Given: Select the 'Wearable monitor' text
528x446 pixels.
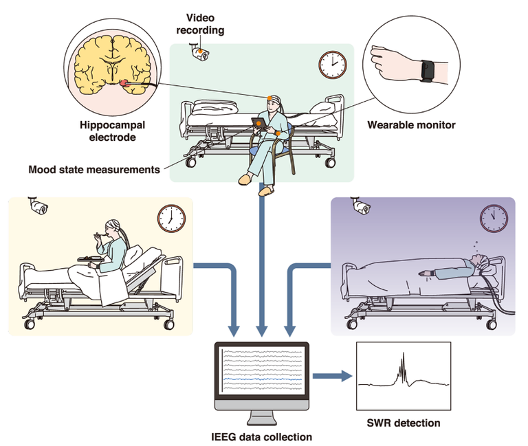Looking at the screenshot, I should pyautogui.click(x=411, y=125).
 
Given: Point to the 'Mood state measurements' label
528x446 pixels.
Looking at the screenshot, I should pyautogui.click(x=95, y=169).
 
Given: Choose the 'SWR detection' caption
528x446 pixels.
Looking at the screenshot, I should pyautogui.click(x=403, y=423).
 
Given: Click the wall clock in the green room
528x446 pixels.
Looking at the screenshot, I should pyautogui.click(x=332, y=65).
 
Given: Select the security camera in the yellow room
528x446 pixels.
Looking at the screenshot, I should pyautogui.click(x=37, y=205).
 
